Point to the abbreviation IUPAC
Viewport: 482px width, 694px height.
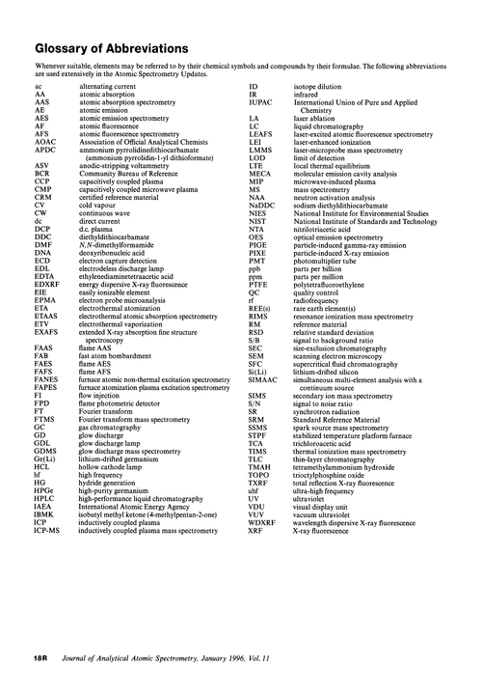263,102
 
